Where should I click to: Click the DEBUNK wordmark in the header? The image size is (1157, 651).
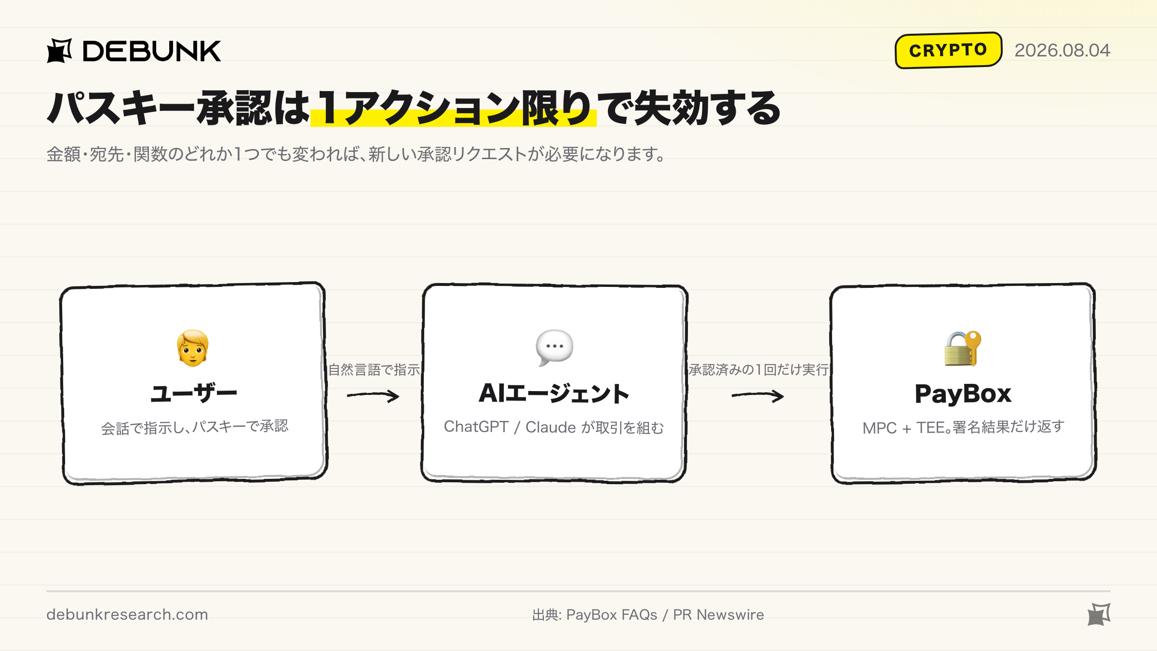[x=152, y=51]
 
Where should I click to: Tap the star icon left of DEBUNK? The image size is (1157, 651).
[x=59, y=51]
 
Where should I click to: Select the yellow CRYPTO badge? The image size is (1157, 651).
[x=948, y=50]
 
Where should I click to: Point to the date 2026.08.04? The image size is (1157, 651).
[x=1062, y=50]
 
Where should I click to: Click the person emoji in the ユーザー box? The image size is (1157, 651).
[x=193, y=348]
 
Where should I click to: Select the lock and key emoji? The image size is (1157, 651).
[x=963, y=348]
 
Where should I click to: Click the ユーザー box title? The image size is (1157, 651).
[x=194, y=393]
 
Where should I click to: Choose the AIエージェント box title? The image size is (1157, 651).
[x=554, y=393]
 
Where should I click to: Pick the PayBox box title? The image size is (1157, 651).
[x=963, y=394]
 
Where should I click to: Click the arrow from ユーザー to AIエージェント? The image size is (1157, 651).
[x=373, y=396]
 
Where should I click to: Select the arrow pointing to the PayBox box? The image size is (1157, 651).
[x=758, y=396]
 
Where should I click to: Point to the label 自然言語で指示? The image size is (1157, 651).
[x=374, y=370]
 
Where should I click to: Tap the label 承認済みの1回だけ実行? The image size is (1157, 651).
[x=758, y=370]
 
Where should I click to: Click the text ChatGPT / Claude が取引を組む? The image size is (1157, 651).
[x=554, y=427]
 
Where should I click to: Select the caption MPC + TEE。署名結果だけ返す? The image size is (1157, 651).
[x=963, y=427]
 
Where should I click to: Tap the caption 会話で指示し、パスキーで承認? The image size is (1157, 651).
[x=194, y=427]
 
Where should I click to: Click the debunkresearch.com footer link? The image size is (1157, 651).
[x=127, y=614]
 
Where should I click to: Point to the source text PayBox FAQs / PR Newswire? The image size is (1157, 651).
[x=665, y=615]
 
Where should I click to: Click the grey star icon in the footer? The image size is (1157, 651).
[x=1099, y=614]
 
